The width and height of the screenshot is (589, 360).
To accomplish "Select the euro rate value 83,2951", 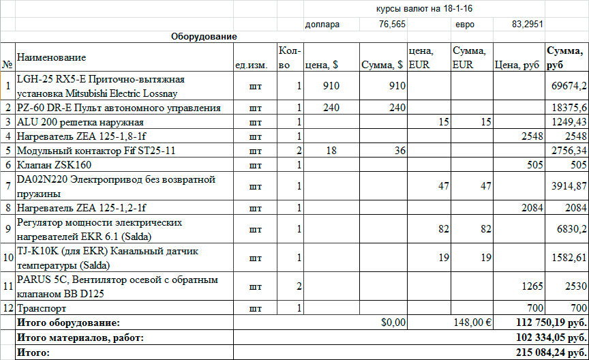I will coord(527,25).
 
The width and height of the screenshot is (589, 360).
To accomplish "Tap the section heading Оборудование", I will coord(204,35).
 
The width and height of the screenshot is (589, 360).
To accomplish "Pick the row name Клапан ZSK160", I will coord(54,164).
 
